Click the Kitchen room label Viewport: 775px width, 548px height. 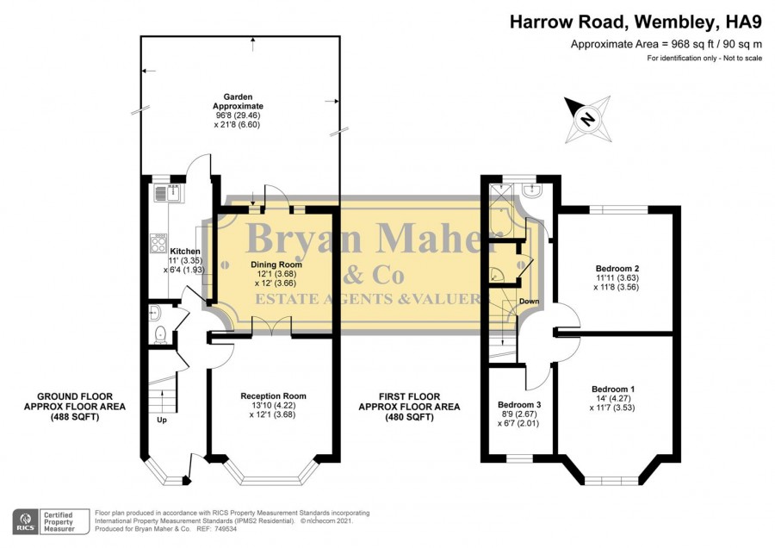[185, 252]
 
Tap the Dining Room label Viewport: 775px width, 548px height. [276, 265]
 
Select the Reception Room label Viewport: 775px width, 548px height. [273, 396]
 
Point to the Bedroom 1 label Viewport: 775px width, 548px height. [613, 389]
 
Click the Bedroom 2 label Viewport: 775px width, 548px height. [617, 269]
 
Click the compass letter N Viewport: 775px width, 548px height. [587, 119]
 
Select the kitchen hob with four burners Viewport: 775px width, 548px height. [158, 243]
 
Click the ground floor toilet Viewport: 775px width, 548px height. [160, 335]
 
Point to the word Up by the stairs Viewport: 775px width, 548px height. [162, 420]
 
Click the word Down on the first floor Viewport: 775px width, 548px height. [530, 302]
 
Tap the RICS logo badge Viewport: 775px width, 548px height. [26, 522]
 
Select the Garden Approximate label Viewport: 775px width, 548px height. [239, 102]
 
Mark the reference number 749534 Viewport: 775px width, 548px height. [226, 529]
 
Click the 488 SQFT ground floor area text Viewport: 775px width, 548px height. [75, 417]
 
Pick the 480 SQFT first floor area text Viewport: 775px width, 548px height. [410, 417]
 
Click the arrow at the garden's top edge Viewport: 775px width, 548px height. [253, 45]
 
